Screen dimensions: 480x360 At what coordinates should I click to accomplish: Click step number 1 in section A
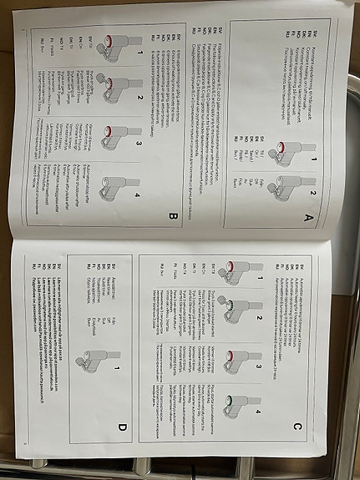[x=313, y=158]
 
